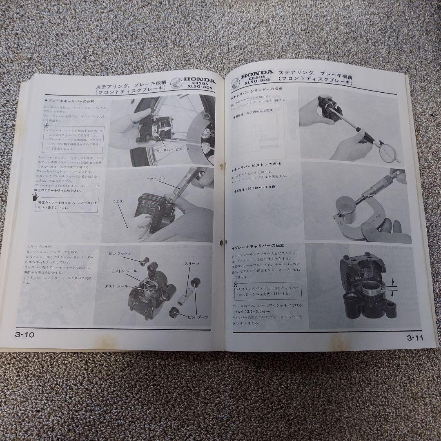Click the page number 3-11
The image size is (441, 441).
[415, 337]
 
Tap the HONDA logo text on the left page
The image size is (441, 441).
[199, 80]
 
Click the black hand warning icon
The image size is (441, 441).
[35, 199]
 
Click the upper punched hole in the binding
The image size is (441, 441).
[223, 167]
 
